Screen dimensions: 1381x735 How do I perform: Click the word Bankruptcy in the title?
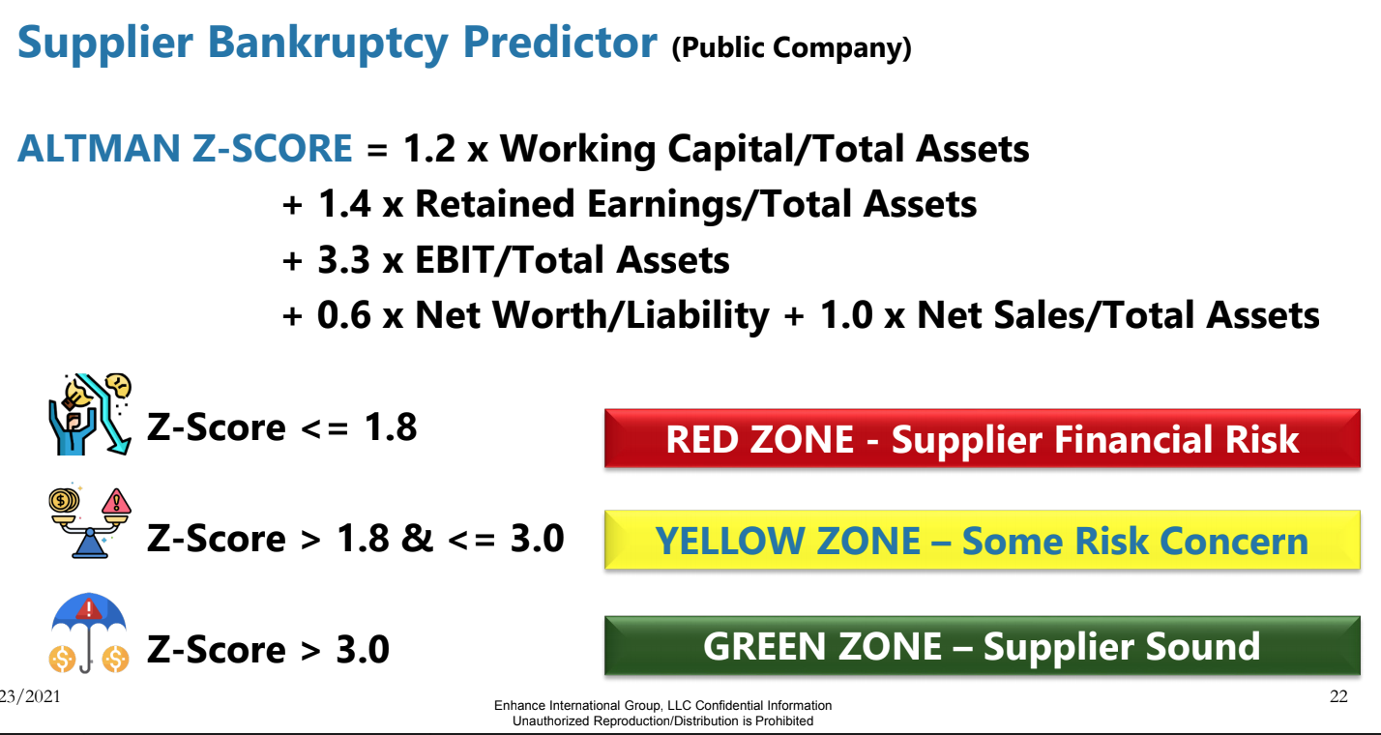[328, 44]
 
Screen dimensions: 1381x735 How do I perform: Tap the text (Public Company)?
[791, 47]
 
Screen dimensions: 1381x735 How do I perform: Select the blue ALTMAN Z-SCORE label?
[185, 149]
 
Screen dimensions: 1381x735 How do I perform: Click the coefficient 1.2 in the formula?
[429, 149]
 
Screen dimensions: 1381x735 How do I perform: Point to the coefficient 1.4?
[344, 204]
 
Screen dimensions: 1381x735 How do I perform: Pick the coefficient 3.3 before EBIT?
[344, 259]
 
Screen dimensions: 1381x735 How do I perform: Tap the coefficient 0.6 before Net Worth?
[344, 315]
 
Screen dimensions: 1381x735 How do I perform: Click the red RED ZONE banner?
[983, 438]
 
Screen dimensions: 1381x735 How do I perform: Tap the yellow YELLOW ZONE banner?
[983, 541]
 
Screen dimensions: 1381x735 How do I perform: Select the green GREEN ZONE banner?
[983, 646]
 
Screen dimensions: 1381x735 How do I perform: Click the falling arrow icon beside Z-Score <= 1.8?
[90, 414]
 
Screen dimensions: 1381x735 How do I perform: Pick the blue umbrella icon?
[89, 632]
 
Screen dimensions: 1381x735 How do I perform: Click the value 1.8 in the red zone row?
[391, 426]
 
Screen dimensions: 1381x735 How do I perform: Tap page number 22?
[1338, 696]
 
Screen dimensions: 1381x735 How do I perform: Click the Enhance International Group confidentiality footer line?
[662, 705]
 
